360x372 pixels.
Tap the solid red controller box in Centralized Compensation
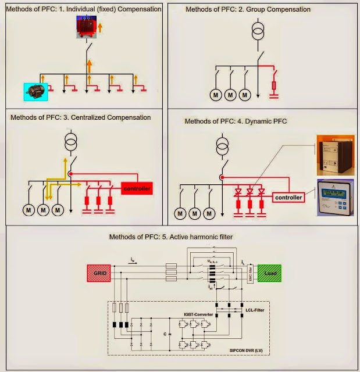point(137,188)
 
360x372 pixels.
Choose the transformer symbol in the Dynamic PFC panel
point(222,145)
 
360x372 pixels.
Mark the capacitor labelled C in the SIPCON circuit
point(170,335)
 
